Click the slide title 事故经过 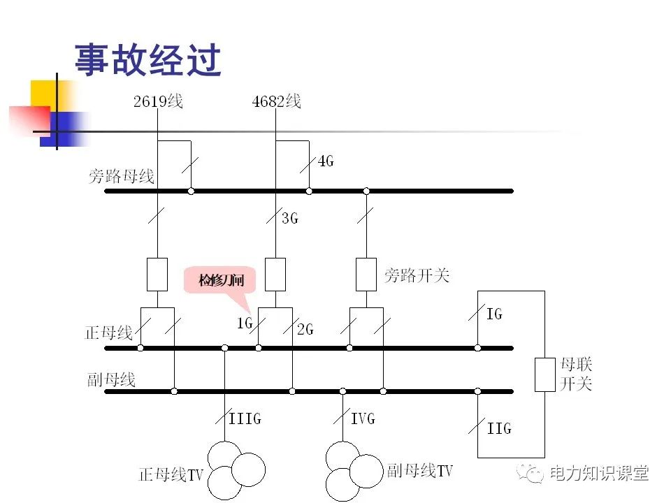tap(147, 60)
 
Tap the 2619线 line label tap(158, 102)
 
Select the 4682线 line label tap(276, 102)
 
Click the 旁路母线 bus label tap(121, 176)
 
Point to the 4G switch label tap(326, 161)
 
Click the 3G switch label tap(289, 218)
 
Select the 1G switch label tap(243, 323)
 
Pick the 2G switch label tap(305, 329)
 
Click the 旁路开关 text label tap(417, 275)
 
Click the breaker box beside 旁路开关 tap(366, 274)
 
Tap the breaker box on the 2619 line tap(157, 274)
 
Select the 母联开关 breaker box tap(544, 374)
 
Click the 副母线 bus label tap(111, 380)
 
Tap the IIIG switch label tap(245, 419)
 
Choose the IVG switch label tap(363, 419)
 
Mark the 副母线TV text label tap(419, 471)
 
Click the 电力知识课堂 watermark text tap(599, 473)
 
